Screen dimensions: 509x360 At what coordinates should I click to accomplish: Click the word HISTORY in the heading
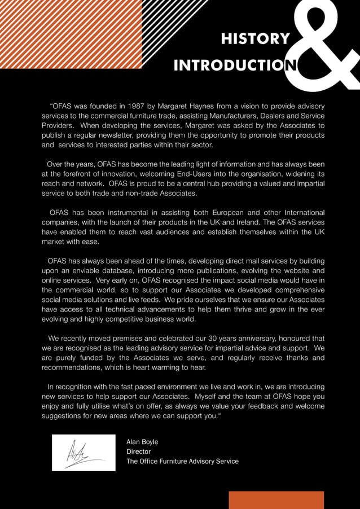(x=256, y=39)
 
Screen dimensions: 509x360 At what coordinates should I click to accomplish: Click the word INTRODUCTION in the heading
(x=236, y=66)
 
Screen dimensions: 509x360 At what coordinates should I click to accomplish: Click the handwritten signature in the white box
(x=84, y=452)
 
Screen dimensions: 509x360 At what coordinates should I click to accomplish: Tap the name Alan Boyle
(x=142, y=442)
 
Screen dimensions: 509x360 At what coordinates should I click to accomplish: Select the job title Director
(x=138, y=451)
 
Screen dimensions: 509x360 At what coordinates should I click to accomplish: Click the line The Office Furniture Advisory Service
(x=182, y=462)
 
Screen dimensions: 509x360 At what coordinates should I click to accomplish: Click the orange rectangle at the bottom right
(x=276, y=499)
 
